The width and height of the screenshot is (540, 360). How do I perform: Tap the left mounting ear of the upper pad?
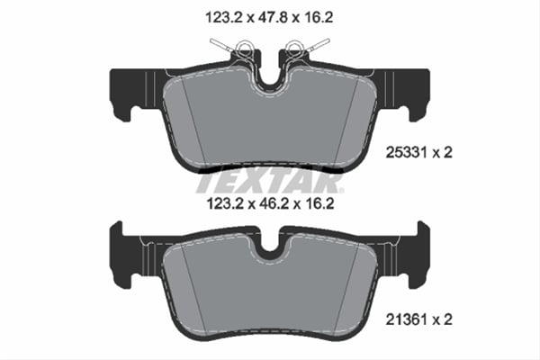point(123,93)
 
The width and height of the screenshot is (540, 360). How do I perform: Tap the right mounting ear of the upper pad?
point(416,93)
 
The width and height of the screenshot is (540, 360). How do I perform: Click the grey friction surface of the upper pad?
point(270,126)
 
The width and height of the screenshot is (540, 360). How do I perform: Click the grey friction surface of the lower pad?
point(270,288)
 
